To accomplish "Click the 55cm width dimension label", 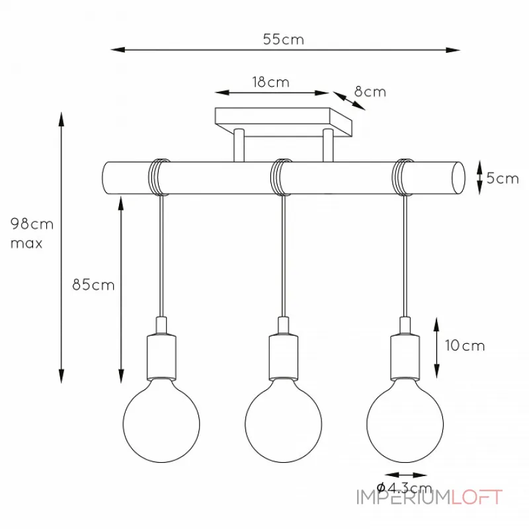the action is point(284,40).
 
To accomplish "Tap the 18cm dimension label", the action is point(271,82).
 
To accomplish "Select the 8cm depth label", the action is point(370,92).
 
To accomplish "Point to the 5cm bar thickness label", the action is point(503,178).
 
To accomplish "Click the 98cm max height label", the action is point(32,233).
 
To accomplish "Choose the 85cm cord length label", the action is point(93,285).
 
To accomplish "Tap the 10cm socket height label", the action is point(465,345).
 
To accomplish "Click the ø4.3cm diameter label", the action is point(404,487).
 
